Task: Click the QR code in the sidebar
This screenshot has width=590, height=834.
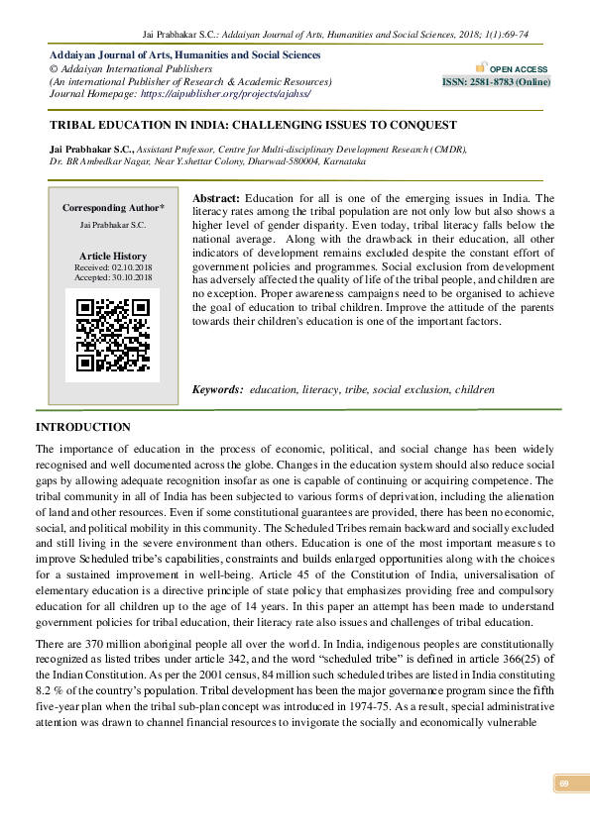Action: click(111, 335)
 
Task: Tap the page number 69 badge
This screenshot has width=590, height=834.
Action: click(563, 784)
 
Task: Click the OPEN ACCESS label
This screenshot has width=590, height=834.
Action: click(514, 68)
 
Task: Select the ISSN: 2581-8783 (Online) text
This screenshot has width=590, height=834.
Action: click(496, 82)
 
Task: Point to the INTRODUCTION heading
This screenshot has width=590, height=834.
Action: click(83, 427)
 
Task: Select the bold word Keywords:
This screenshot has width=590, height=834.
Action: click(217, 390)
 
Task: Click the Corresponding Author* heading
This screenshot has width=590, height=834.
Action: click(113, 208)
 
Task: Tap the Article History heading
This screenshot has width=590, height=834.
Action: click(113, 256)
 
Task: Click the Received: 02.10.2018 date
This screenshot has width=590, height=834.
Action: click(113, 267)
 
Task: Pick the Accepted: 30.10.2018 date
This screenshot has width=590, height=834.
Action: click(113, 278)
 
